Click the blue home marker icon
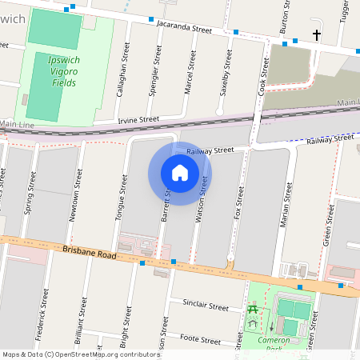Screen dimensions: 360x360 pos(180,173)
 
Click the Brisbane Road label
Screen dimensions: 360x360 pos(90,254)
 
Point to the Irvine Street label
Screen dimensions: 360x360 pos(138,119)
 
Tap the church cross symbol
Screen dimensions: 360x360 pos(317,35)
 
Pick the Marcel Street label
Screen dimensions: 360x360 pos(190,72)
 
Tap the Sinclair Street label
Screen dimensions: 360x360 pos(206,305)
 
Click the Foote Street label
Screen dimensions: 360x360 pos(200,339)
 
